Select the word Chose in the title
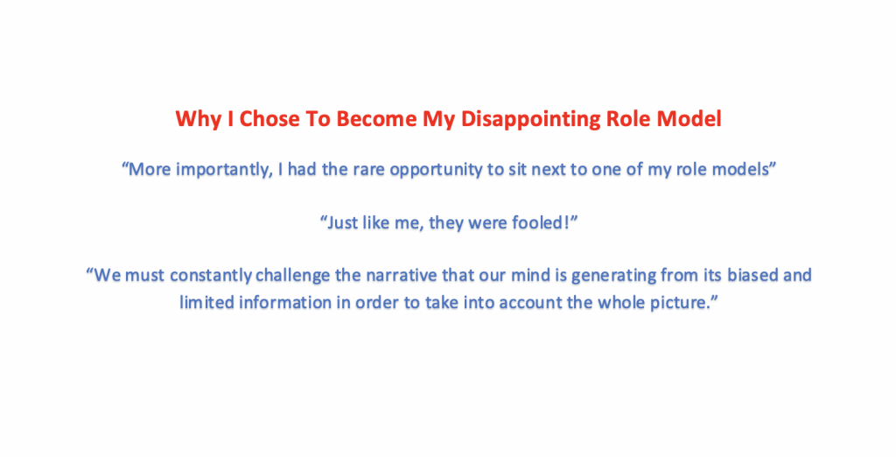click(x=260, y=119)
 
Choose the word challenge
click(x=297, y=276)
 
